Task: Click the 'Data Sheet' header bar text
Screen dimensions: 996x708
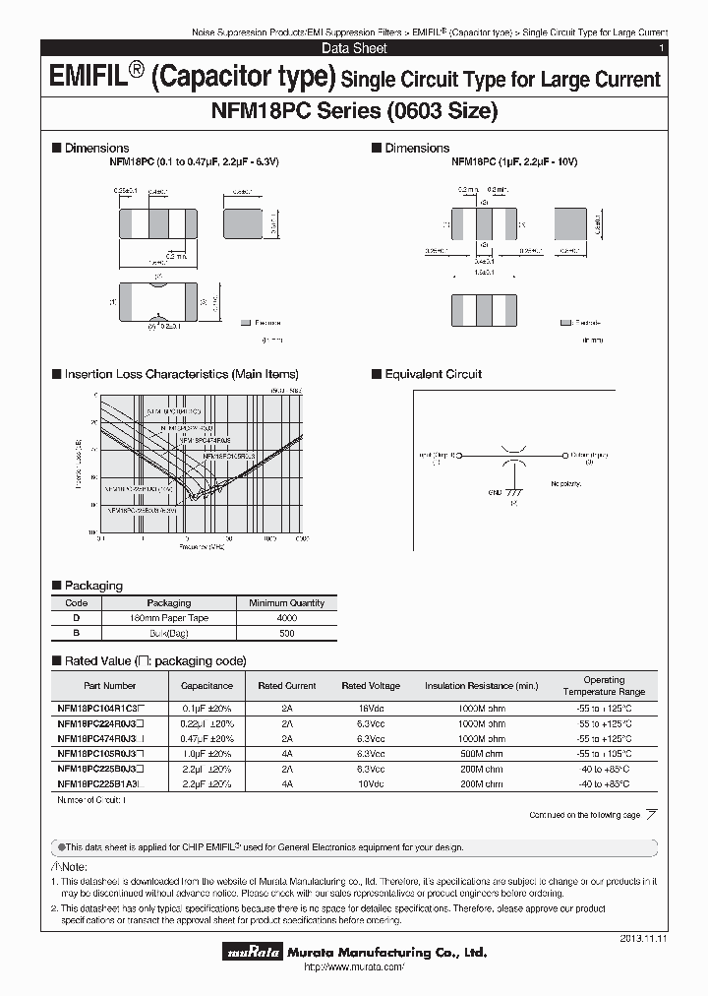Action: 354,48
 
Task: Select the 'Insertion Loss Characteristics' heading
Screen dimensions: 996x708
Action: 181,374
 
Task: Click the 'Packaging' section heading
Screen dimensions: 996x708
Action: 93,586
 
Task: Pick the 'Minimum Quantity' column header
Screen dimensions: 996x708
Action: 286,602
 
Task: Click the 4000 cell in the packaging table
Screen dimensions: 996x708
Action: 286,618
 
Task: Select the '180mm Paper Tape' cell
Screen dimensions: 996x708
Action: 169,618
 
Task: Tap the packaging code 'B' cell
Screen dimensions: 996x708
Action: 76,634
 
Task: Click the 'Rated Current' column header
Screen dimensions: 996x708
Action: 286,685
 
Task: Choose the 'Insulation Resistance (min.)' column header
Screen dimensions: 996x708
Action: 482,685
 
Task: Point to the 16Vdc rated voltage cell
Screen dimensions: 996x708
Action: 370,708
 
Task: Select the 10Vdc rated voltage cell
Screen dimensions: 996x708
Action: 370,783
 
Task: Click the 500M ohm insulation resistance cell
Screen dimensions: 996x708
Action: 482,753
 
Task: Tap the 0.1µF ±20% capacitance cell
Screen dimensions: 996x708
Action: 206,708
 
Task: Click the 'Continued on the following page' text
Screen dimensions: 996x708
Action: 585,815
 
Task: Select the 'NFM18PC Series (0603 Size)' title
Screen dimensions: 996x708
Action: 354,111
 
